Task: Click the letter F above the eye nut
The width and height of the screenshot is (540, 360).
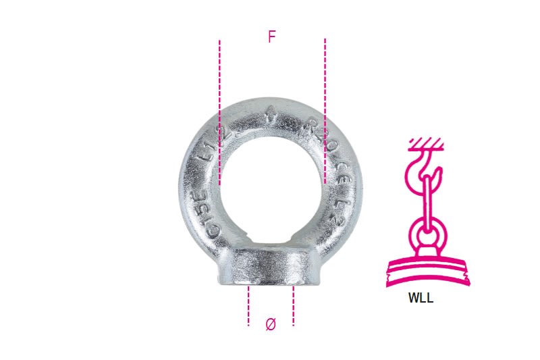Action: (x=271, y=37)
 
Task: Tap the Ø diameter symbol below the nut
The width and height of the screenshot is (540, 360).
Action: (x=271, y=324)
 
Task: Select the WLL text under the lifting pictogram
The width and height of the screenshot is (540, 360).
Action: (x=421, y=299)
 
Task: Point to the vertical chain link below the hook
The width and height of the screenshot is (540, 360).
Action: (x=427, y=203)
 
